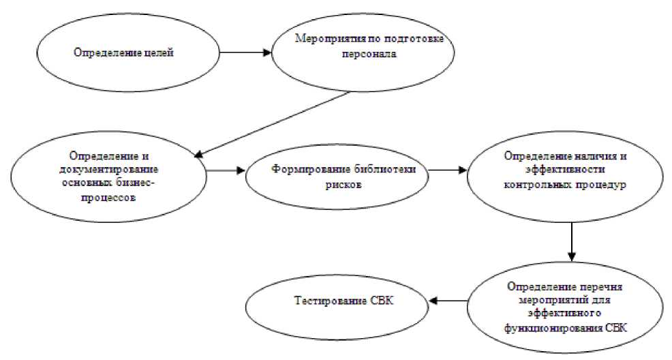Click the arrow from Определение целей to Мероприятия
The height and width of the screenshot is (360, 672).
tap(241, 52)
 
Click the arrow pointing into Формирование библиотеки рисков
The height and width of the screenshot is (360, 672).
tap(226, 170)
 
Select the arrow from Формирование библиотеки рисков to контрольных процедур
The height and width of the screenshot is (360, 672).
tap(447, 170)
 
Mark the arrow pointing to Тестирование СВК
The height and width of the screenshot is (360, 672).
tap(447, 300)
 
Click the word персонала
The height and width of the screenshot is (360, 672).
tap(369, 57)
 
